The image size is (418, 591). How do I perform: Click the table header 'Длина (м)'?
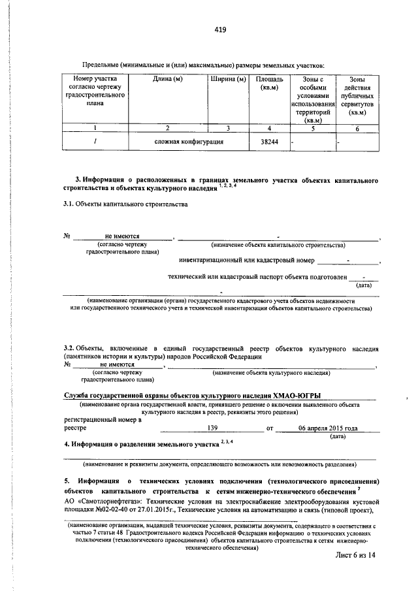click(167, 80)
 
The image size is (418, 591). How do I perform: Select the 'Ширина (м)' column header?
click(228, 80)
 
